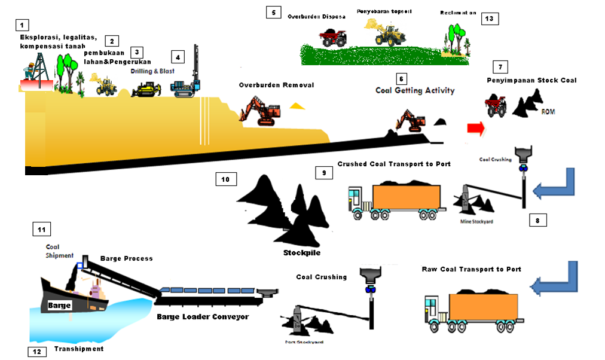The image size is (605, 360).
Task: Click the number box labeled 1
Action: click(x=22, y=25)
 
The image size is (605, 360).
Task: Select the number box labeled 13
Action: click(x=489, y=19)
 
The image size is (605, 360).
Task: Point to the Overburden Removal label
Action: click(x=276, y=86)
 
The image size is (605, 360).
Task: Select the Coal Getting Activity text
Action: click(x=415, y=91)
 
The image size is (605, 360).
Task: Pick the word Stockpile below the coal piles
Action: click(x=302, y=253)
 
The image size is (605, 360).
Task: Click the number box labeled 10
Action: click(x=228, y=178)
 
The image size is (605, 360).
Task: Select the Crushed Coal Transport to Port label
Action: click(x=394, y=164)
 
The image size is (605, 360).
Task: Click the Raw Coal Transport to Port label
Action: click(x=472, y=270)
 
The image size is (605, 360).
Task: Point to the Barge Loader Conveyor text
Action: click(x=202, y=316)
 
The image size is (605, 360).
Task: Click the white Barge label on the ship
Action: click(x=60, y=306)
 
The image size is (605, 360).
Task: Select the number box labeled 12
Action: click(x=37, y=351)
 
